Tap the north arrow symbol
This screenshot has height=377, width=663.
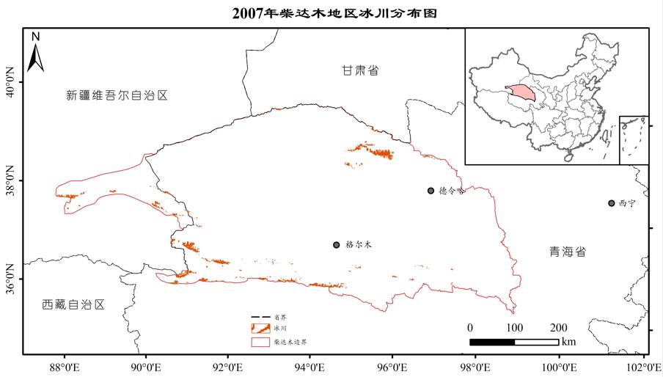[x=35, y=53]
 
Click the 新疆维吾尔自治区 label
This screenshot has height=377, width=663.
[x=117, y=95]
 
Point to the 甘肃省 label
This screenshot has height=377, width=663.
[x=360, y=70]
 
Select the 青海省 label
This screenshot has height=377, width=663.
[x=568, y=252]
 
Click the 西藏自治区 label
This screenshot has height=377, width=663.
[x=73, y=304]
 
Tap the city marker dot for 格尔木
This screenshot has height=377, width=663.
[x=336, y=244]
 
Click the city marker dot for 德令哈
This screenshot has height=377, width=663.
[x=431, y=191]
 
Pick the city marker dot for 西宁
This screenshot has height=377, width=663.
[x=611, y=203]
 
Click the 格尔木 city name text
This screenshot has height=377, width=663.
[x=359, y=245]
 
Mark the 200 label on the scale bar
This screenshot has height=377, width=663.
[x=558, y=327]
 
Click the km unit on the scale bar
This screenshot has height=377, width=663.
[x=569, y=342]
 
